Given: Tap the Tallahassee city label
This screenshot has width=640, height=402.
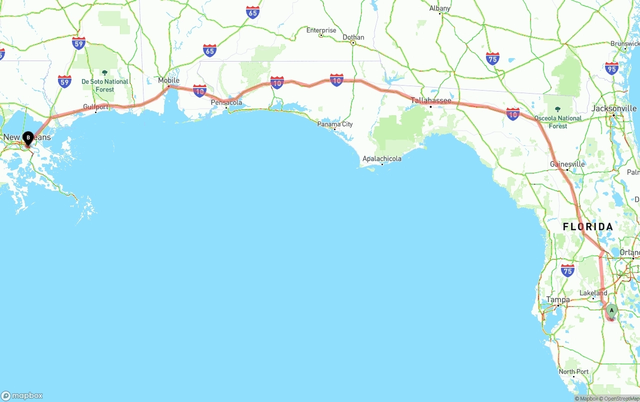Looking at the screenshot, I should [x=431, y=101].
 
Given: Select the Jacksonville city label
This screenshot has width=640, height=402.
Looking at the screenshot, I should [x=614, y=108].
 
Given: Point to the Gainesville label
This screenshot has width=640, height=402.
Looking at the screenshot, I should [x=567, y=164].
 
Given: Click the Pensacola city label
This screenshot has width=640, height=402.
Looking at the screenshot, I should [x=226, y=103].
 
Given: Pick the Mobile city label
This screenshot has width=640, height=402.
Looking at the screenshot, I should [x=168, y=81].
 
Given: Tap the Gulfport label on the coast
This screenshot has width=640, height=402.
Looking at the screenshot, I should [x=95, y=107].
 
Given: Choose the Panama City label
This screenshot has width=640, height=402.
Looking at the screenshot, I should [x=335, y=124].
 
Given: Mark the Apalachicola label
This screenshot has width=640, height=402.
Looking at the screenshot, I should [x=382, y=159].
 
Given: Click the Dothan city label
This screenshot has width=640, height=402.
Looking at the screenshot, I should [x=353, y=37].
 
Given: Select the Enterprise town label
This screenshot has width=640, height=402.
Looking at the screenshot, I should [x=321, y=30].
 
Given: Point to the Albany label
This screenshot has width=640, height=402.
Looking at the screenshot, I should [x=440, y=8].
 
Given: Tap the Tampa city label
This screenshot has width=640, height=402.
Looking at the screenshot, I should [x=558, y=299].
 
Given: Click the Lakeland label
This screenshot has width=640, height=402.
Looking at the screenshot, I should [x=593, y=293].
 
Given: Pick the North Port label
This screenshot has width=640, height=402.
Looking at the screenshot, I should [x=573, y=371].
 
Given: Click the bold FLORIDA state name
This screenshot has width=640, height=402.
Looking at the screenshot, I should [x=588, y=227].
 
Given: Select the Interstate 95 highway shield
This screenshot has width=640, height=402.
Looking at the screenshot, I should [x=611, y=69].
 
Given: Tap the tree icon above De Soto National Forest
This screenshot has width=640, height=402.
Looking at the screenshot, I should [x=104, y=73].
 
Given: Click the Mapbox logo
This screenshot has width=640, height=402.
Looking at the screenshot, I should [x=22, y=395].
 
